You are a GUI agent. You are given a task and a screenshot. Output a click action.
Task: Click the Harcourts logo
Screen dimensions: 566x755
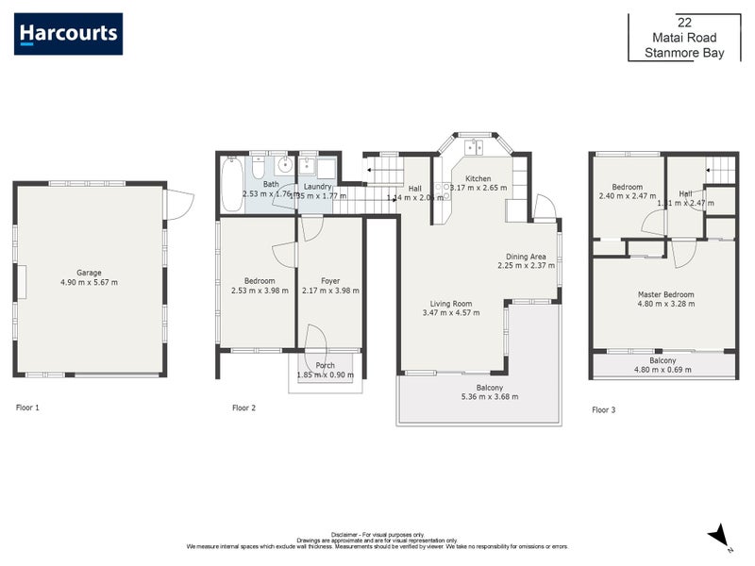69,34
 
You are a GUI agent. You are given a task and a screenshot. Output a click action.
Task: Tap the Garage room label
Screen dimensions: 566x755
89,273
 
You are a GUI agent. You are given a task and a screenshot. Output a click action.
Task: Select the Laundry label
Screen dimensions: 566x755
318,187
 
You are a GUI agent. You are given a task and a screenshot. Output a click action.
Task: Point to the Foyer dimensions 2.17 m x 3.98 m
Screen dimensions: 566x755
330,291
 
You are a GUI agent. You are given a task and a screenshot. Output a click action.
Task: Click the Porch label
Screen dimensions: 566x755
325,365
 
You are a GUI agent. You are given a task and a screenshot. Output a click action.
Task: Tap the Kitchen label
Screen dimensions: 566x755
478,178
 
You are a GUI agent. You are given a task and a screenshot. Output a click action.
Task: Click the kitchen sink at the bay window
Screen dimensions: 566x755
477,147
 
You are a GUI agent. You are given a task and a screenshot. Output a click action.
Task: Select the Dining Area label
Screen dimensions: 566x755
527,256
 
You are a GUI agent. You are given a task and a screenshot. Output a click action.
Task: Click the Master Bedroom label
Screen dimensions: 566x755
665,294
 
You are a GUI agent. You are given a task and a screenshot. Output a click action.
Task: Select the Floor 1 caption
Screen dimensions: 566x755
27,408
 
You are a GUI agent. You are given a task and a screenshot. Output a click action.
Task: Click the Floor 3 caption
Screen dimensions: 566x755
603,409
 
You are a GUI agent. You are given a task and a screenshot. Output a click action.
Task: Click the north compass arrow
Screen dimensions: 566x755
719,535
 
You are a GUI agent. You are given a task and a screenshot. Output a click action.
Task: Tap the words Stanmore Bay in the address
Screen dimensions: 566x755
684,53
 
